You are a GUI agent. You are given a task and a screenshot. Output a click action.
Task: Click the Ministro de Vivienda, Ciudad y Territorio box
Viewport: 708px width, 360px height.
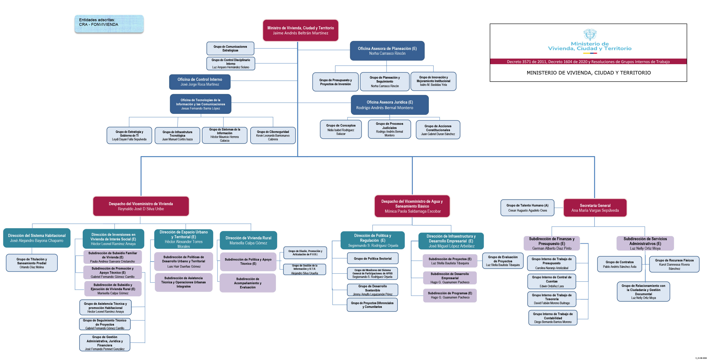(x=300, y=30)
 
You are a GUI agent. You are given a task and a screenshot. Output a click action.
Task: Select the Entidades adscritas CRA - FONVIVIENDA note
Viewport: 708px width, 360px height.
(x=109, y=24)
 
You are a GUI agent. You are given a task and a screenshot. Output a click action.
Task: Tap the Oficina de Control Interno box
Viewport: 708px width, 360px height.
(x=200, y=82)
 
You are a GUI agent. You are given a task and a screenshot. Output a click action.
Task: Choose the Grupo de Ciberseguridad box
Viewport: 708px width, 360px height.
(x=273, y=135)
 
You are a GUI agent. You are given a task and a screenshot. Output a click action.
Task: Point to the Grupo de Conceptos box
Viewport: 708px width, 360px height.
(x=341, y=129)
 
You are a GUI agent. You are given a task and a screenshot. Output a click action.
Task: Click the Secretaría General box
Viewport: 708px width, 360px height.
(x=595, y=208)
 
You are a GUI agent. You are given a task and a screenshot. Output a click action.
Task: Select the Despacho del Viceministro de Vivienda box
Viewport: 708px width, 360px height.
(x=141, y=206)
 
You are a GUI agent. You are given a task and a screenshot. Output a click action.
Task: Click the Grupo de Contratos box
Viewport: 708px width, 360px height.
(x=620, y=264)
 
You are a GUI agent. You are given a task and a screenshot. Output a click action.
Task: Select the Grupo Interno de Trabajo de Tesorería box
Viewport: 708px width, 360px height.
(x=552, y=299)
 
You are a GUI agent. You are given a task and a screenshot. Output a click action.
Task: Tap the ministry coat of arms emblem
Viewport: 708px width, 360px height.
(x=590, y=35)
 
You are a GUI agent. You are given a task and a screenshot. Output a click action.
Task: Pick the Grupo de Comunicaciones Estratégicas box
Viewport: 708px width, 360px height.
(x=230, y=48)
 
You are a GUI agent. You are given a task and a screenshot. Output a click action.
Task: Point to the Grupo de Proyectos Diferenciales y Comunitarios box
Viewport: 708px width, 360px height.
(x=372, y=305)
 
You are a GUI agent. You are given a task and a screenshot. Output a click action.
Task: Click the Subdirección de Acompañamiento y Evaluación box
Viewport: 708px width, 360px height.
(x=248, y=283)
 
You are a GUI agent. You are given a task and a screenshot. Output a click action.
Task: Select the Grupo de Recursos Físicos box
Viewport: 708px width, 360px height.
(x=674, y=264)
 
